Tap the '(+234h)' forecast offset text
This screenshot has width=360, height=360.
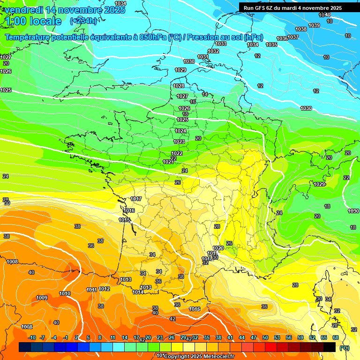point(84,21)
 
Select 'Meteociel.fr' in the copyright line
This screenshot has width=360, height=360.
point(218,356)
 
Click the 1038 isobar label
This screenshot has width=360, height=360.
point(301,29)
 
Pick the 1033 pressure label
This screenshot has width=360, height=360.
point(221,44)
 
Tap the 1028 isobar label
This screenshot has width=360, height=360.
point(179,86)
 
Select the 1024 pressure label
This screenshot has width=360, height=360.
point(180,131)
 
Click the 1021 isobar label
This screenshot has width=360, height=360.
point(168,162)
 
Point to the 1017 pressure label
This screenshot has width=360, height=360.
point(136,199)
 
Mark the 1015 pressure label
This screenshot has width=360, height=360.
point(124,220)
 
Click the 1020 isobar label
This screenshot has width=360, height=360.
point(218,248)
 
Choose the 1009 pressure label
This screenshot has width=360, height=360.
point(42,298)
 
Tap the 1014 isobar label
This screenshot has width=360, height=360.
point(137,292)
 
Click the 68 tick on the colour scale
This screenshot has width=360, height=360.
point(336,337)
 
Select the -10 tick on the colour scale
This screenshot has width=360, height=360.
point(32,337)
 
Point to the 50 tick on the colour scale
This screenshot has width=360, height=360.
point(265,337)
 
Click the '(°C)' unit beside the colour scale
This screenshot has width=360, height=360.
point(345,347)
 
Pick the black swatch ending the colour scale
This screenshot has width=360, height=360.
point(330,347)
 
